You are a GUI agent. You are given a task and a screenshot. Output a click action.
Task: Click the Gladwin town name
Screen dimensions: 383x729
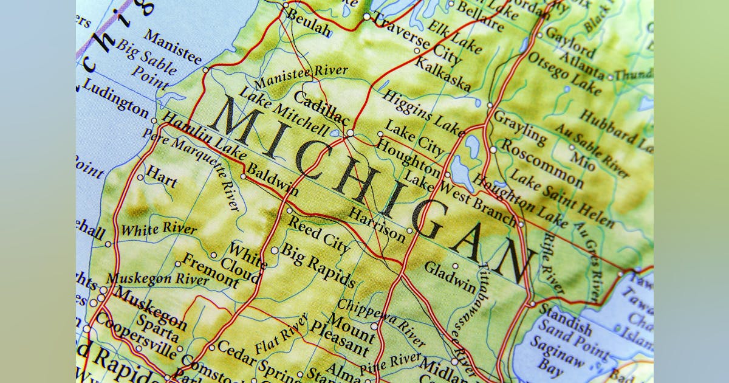point(450,277)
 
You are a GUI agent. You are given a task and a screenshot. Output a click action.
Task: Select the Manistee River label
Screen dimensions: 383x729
point(301,77)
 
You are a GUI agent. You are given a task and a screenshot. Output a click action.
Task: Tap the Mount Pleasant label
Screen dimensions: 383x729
point(349,334)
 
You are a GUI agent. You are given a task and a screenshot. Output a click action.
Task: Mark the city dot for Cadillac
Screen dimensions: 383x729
point(350,133)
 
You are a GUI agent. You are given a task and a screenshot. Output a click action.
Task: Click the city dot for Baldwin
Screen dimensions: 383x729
point(243,177)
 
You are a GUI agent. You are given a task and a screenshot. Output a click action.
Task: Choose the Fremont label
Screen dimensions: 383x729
point(210,271)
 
